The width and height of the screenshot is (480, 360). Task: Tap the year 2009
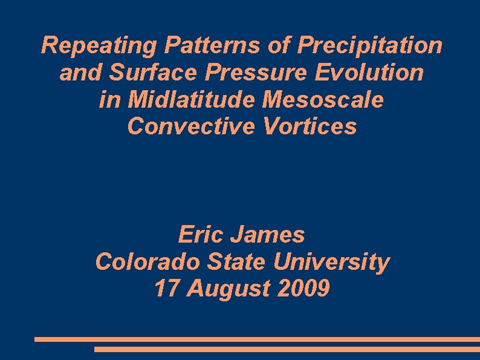[x=304, y=289]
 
